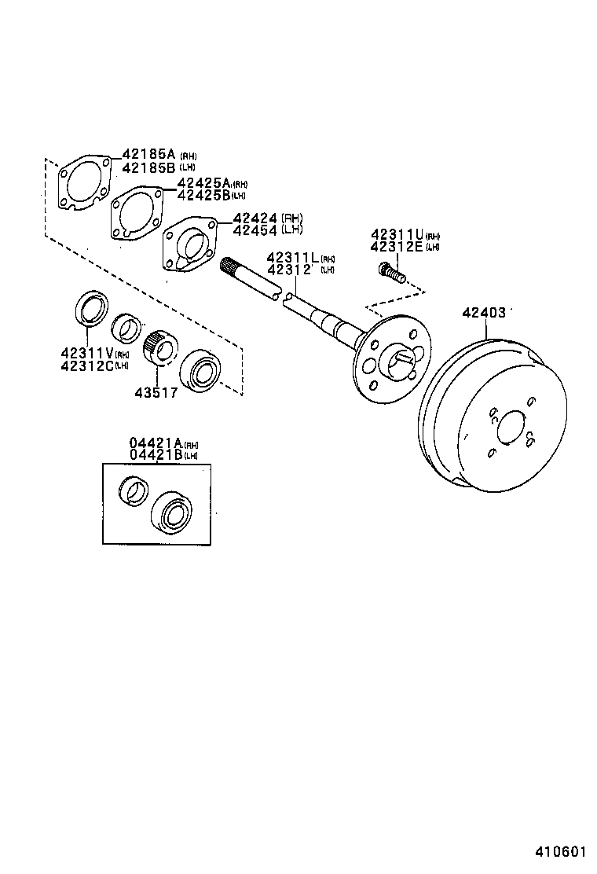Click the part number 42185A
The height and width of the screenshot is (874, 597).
click(x=148, y=154)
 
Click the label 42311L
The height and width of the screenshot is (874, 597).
click(x=292, y=258)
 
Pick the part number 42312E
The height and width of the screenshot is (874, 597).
click(x=397, y=247)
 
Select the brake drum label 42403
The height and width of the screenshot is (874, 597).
click(x=483, y=312)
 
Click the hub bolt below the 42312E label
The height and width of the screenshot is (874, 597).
click(x=390, y=273)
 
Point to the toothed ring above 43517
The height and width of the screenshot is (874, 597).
click(x=161, y=347)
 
